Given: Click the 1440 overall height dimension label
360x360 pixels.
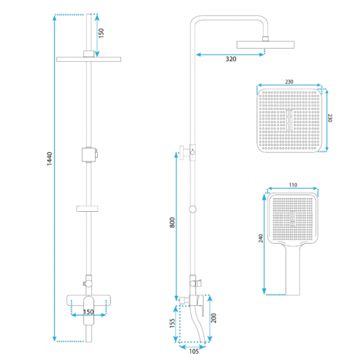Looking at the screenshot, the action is point(49,158).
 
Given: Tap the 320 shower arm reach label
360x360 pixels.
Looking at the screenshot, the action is point(231,59).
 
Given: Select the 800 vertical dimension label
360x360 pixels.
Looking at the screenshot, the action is point(172,223).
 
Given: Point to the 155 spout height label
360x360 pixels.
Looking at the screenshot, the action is point(172,323).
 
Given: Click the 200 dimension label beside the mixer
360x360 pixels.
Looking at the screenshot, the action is point(214,318).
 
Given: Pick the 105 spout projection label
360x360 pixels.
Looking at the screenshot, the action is point(194,351).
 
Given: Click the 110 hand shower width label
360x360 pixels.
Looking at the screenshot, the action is point(293,185).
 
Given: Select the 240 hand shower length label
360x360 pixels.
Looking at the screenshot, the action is point(260,238).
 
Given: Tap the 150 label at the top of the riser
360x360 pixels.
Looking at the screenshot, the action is point(101,33).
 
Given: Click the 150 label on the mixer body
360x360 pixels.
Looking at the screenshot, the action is point(88,312).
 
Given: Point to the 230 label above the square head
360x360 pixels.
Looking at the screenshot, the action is point(289,82).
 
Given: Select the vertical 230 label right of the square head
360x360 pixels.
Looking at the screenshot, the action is point(330,118).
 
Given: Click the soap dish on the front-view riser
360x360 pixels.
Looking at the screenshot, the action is point(87,208).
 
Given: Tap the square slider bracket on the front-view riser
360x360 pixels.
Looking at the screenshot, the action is point(89,155).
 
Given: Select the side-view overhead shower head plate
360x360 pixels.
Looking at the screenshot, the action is point(265,45).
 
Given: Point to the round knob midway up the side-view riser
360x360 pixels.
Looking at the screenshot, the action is point(193,209).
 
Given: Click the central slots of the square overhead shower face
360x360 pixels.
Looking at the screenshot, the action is point(289,120).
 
